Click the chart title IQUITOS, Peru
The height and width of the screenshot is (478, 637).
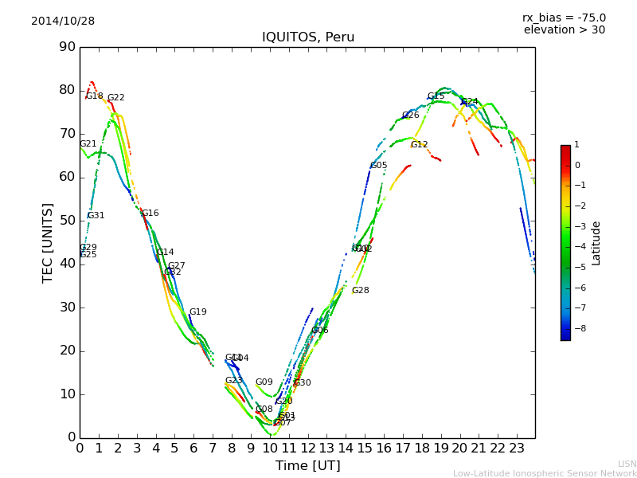point(308,37)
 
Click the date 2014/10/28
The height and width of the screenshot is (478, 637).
point(63,22)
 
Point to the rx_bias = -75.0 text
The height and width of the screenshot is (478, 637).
point(564,18)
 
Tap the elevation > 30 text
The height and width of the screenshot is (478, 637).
point(564,30)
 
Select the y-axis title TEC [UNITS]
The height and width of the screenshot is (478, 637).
point(48,242)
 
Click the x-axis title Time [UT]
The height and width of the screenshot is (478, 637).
point(307,466)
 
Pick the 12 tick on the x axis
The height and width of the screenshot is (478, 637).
point(307,448)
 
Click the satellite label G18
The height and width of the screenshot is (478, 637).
point(95,96)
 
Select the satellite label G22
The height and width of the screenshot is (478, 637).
point(116,98)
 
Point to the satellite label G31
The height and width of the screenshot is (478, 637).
point(96,216)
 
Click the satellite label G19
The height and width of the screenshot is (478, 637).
point(198,312)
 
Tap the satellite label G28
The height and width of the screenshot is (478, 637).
point(361,291)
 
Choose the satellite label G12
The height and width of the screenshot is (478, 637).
point(420,145)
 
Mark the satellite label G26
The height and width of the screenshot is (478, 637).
point(411,116)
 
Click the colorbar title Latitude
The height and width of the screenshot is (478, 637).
point(596,243)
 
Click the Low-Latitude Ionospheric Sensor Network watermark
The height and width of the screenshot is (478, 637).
point(545,473)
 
